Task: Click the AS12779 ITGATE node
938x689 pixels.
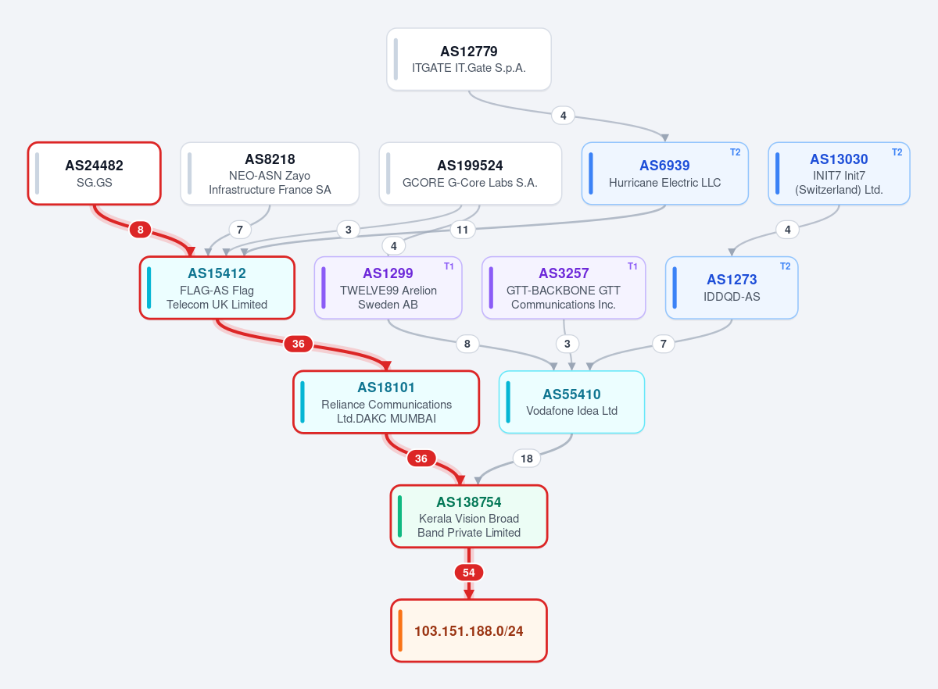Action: [x=468, y=59]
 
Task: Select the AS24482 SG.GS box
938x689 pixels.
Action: [x=95, y=173]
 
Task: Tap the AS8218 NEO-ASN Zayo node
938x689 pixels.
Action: [x=270, y=173]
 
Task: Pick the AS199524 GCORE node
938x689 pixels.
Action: [x=470, y=173]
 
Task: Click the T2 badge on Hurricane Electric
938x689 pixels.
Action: [x=735, y=152]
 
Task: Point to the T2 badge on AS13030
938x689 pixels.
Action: [x=897, y=152]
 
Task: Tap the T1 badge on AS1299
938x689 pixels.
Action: [x=449, y=266]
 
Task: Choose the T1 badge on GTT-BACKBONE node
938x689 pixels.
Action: [x=632, y=266]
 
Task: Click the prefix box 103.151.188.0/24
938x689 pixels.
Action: [x=468, y=631]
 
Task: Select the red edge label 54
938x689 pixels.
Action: [x=468, y=573]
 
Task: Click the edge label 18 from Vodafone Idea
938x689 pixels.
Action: [x=526, y=459]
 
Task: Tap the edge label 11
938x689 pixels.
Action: [x=462, y=230]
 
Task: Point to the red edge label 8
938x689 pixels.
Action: [x=140, y=230]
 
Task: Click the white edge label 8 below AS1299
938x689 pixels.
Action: [x=467, y=344]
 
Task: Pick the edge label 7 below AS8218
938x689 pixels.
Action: [x=239, y=230]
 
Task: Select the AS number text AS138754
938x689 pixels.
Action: [x=468, y=502]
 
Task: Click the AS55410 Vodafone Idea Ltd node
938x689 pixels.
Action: [x=571, y=402]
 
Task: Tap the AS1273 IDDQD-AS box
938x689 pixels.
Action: [x=732, y=287]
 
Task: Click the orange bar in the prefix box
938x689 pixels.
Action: [x=400, y=631]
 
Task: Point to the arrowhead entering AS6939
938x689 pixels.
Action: [x=664, y=138]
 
